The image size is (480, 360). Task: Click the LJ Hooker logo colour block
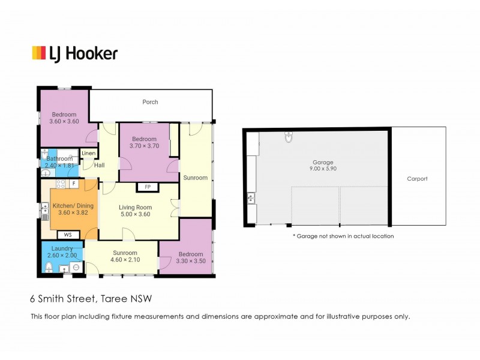coord(39,53)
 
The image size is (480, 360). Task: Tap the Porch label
coord(151,102)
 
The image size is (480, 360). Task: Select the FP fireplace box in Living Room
coord(148,187)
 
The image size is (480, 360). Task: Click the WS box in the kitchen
coord(68,235)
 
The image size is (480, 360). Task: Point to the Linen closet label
coord(89,153)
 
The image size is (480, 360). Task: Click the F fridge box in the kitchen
coord(74,184)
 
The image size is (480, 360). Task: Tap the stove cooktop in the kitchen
coord(61,184)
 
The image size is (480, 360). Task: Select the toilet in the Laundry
coord(49,267)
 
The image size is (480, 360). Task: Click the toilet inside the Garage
coord(289,137)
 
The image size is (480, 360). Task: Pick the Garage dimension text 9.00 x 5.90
coord(323,169)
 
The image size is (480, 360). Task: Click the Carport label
coord(417,179)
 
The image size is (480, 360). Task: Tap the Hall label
coord(100,166)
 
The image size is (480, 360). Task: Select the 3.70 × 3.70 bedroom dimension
coord(145,146)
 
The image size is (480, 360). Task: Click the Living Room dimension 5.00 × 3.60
coord(136,214)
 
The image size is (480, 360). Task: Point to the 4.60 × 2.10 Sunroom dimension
coord(125,260)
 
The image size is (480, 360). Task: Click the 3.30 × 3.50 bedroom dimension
coord(191,261)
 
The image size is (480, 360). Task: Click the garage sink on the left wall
coord(251,198)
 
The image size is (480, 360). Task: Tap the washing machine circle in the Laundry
coord(77,267)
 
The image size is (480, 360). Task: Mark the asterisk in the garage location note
coord(295,235)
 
